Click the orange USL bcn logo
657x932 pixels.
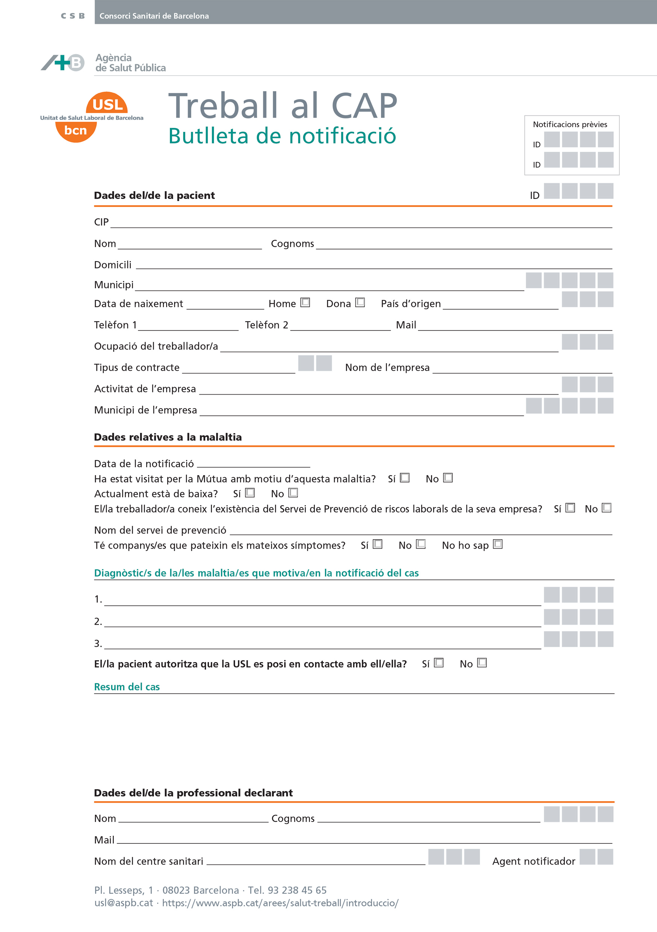(91, 117)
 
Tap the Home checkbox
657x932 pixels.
(305, 303)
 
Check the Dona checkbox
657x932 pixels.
(360, 303)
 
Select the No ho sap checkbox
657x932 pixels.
(498, 544)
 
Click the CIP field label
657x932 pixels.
(101, 222)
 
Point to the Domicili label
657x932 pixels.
(113, 265)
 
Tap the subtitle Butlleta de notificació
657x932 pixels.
(282, 136)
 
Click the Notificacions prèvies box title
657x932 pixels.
(570, 124)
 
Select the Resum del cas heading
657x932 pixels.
(127, 687)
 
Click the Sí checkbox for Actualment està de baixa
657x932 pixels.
(250, 493)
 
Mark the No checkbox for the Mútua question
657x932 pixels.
(448, 478)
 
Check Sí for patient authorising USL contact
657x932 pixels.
(439, 663)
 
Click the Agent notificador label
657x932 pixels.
(534, 861)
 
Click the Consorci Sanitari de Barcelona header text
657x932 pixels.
(154, 16)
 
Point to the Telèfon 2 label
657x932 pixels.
(266, 325)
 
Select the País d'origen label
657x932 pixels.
(410, 304)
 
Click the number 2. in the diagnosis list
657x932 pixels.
(98, 622)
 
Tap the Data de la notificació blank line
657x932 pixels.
(253, 466)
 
